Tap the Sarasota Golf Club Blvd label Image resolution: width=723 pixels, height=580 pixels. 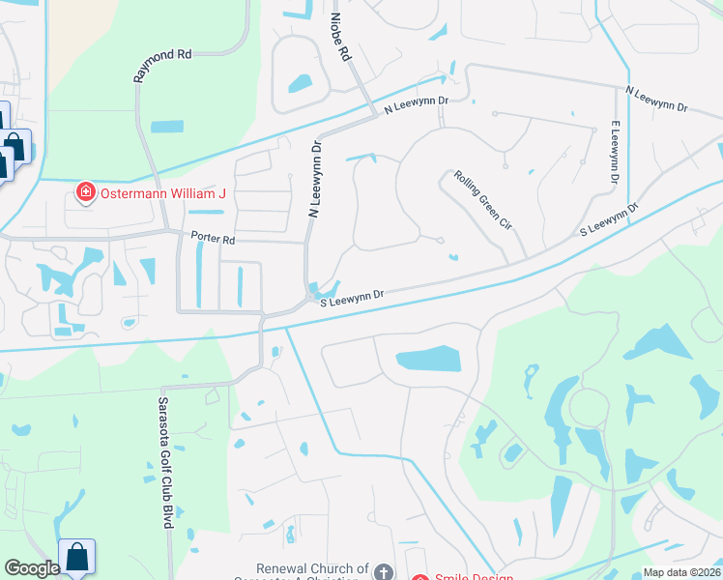(165, 461)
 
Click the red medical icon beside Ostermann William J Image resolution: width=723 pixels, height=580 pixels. (86, 193)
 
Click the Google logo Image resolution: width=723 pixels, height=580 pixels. (31, 568)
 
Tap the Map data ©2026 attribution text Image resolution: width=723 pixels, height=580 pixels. (681, 572)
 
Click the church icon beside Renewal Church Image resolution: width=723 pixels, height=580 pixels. (384, 572)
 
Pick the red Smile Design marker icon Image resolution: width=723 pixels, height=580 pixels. (420, 577)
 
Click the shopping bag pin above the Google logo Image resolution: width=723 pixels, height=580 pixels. (76, 557)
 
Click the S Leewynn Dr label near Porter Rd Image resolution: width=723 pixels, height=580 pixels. (353, 297)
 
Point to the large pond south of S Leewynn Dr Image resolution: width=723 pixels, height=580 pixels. (429, 361)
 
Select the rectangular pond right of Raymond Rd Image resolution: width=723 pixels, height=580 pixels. (166, 127)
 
